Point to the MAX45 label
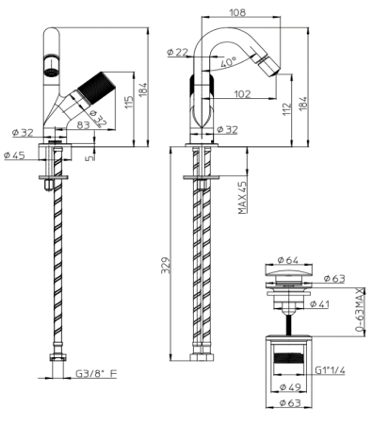(x=243, y=198)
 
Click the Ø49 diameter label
(x=289, y=387)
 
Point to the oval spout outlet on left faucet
(x=44, y=68)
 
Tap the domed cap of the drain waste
(x=289, y=274)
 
